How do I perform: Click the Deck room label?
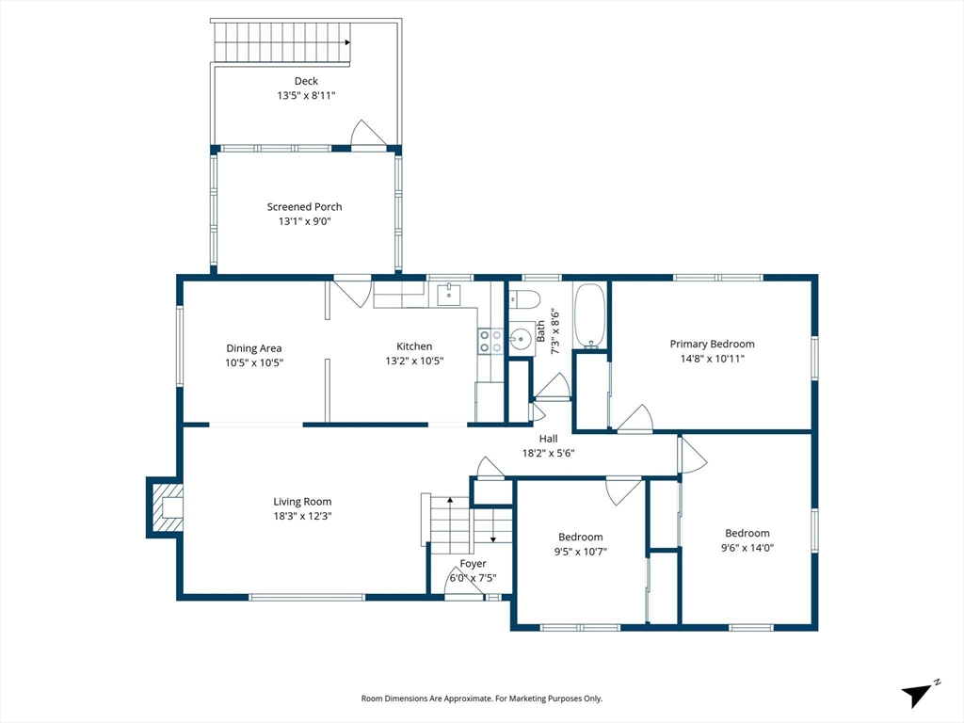point(306,81)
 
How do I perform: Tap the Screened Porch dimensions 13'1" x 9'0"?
point(305,221)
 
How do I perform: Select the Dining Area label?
point(254,348)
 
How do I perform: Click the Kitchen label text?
point(414,346)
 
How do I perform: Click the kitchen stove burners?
point(490,341)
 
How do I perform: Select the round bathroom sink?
point(521,338)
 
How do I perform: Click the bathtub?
point(590,316)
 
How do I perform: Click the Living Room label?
point(302,503)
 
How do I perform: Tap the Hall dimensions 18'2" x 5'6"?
point(549,454)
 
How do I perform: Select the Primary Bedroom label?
point(712,345)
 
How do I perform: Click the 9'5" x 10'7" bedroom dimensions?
point(581,552)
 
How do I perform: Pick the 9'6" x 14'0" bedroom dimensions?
point(747,548)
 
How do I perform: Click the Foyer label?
point(473,564)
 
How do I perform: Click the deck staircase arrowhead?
point(347,42)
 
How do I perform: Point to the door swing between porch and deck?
point(369,134)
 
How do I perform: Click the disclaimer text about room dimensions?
point(481,699)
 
